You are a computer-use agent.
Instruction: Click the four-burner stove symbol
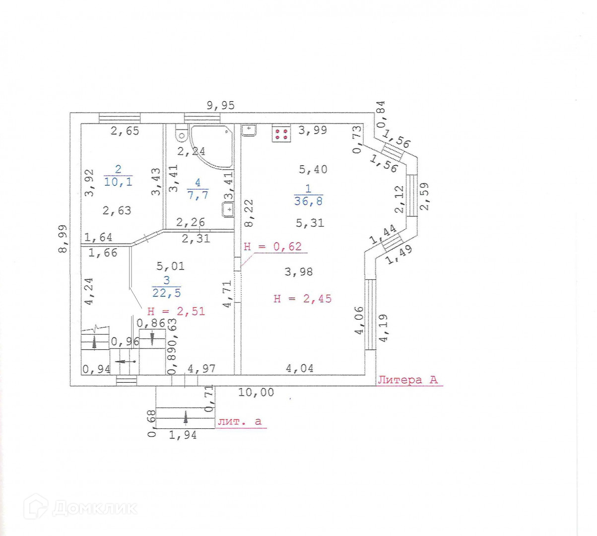(281, 134)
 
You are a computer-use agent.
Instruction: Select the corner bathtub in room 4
(211, 146)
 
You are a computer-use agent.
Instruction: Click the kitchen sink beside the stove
(249, 130)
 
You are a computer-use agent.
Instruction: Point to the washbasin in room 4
(228, 209)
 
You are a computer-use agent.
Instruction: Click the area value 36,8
(308, 201)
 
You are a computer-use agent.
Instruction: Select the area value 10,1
(118, 182)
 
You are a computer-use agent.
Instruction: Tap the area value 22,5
(166, 293)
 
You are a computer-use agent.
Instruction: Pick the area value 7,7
(198, 195)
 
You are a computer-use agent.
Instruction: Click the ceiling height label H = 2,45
(303, 299)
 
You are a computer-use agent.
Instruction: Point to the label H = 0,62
(273, 246)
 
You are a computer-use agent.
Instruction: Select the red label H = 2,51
(176, 312)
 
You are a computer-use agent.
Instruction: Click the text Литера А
(408, 380)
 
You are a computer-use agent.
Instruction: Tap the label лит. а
(240, 421)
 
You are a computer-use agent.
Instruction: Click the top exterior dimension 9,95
(220, 105)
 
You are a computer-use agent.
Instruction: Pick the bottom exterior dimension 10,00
(256, 392)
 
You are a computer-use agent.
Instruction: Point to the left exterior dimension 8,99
(63, 239)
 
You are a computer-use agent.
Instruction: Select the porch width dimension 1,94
(183, 435)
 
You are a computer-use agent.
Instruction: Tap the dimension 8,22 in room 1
(249, 213)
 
